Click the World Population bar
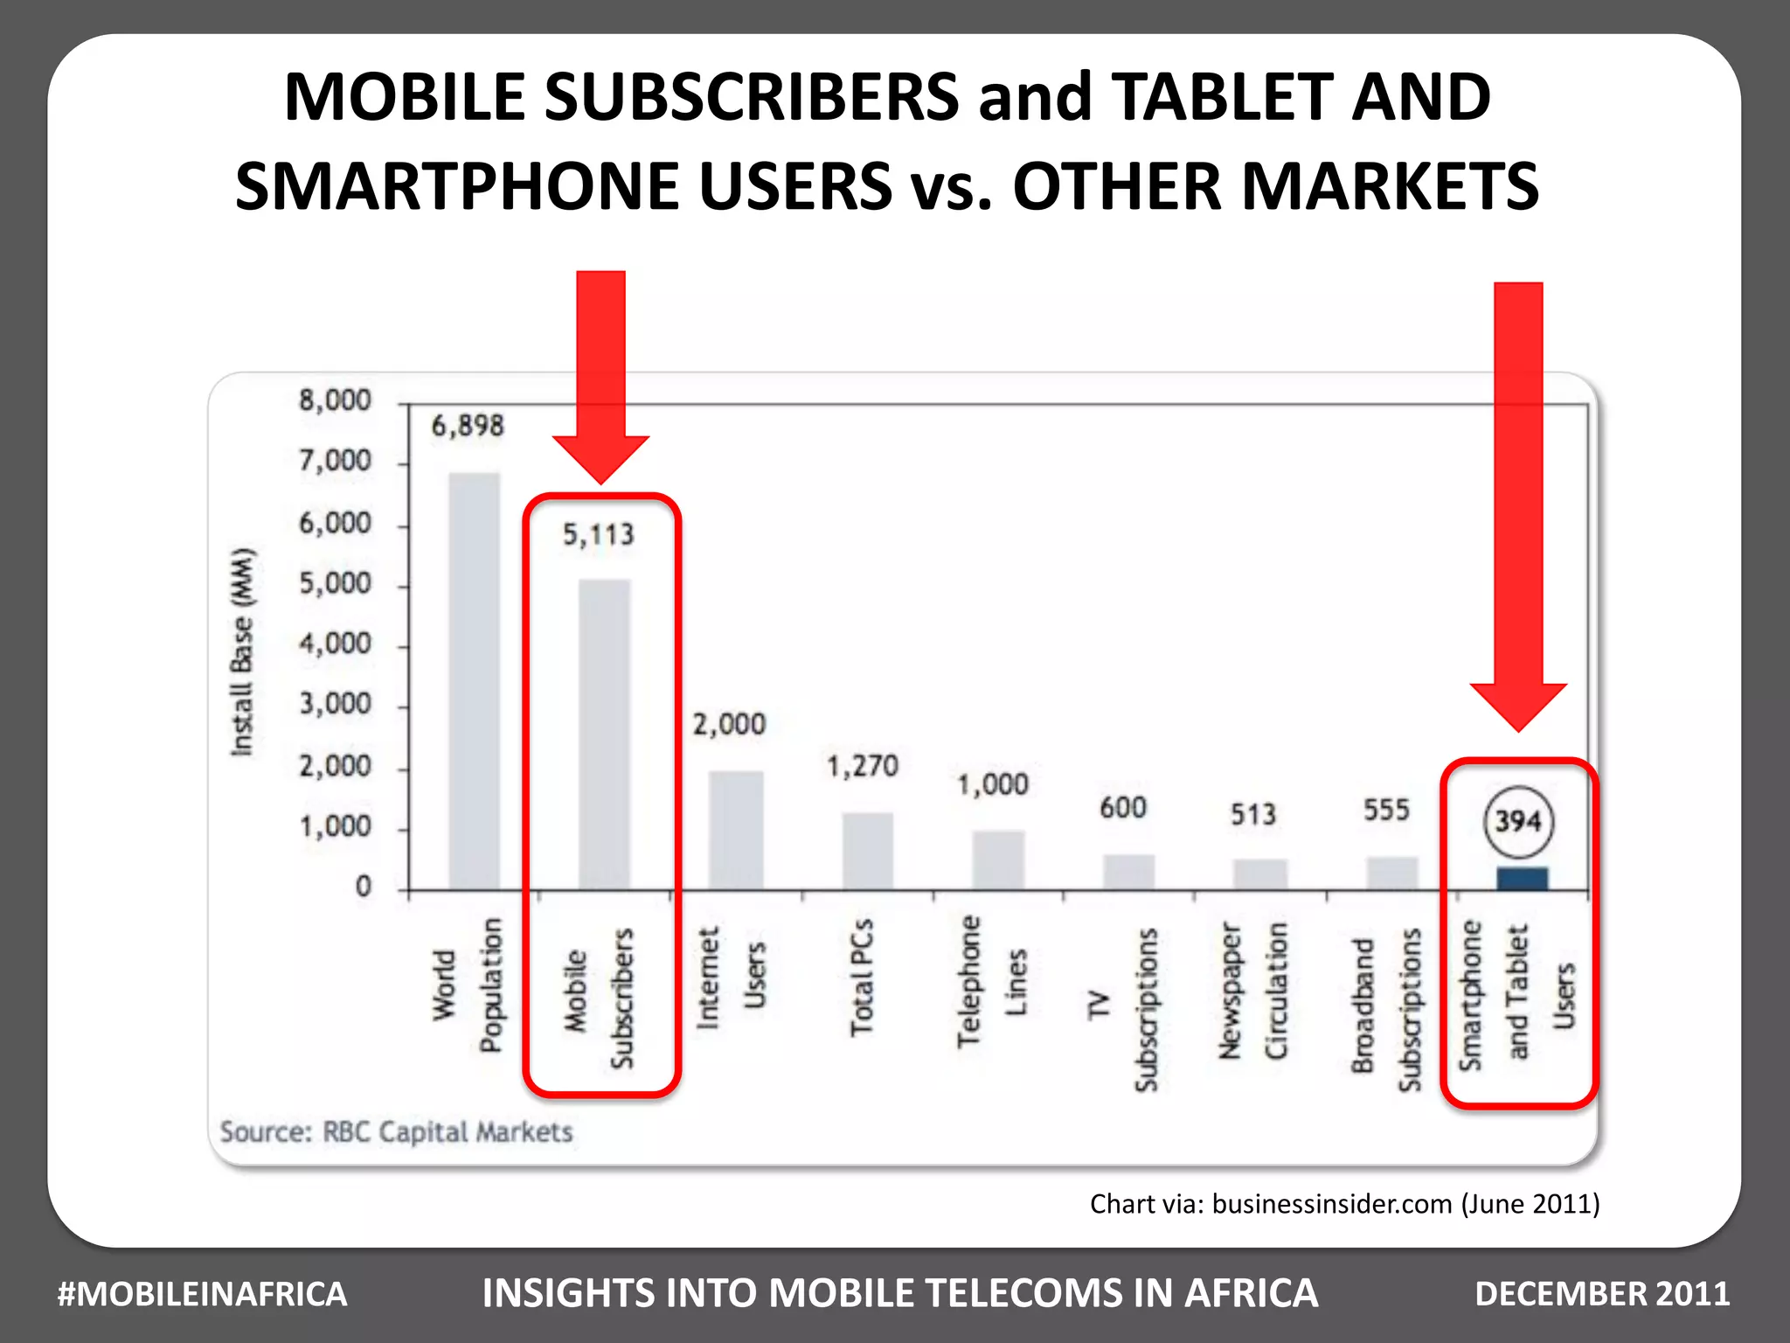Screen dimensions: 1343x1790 pyautogui.click(x=475, y=682)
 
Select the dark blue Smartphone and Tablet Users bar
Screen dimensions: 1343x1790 pyautogui.click(x=1522, y=879)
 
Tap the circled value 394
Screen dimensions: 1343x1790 pyautogui.click(x=1518, y=821)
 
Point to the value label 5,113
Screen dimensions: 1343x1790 pyautogui.click(x=598, y=534)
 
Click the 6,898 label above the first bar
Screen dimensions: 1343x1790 pyautogui.click(x=468, y=426)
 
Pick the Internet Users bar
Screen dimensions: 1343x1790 pyautogui.click(x=736, y=831)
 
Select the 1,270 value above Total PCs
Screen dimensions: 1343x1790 pyautogui.click(x=863, y=767)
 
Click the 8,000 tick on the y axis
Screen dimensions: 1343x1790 pyautogui.click(x=336, y=400)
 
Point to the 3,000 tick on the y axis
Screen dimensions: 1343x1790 pyautogui.click(x=336, y=704)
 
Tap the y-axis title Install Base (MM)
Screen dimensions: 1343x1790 pyautogui.click(x=242, y=651)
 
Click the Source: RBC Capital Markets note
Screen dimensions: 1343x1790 pyautogui.click(x=396, y=1131)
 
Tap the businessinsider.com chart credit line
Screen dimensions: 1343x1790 pyautogui.click(x=1344, y=1204)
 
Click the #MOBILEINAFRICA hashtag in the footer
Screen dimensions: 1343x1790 pyautogui.click(x=202, y=1294)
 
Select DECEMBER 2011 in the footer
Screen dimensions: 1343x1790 pyautogui.click(x=1602, y=1294)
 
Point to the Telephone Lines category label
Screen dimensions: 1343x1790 pyautogui.click(x=991, y=981)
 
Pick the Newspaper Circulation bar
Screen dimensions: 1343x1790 pyautogui.click(x=1260, y=874)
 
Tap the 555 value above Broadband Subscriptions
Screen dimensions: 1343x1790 pyautogui.click(x=1386, y=811)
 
